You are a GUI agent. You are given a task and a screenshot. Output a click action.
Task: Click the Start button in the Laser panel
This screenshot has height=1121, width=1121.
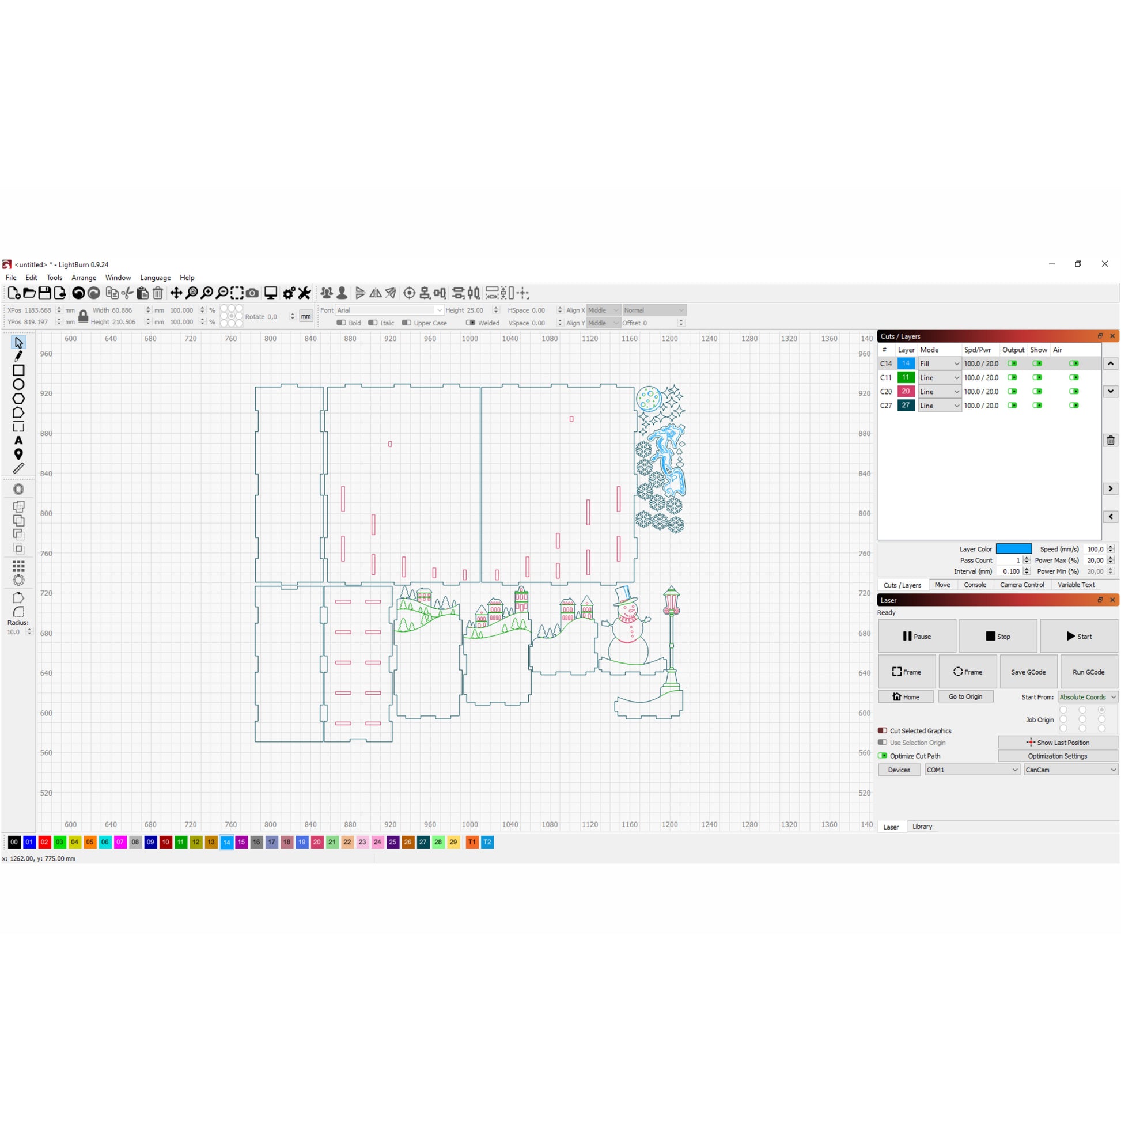coord(1078,636)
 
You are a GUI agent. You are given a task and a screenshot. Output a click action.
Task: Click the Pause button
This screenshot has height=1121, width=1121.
coord(917,636)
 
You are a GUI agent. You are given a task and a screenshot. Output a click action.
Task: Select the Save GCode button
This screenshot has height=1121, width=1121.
coord(1028,672)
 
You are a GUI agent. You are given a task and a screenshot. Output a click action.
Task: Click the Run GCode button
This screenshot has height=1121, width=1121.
coord(1089,672)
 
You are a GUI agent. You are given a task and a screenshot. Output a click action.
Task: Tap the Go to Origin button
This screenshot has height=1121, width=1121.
coord(965,696)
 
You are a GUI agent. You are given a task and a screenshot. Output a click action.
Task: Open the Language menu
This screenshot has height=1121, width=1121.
coord(156,277)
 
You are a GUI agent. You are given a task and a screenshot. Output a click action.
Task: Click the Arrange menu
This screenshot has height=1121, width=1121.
coord(84,277)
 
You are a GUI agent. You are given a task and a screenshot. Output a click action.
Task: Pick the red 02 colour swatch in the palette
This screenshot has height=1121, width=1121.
coord(44,842)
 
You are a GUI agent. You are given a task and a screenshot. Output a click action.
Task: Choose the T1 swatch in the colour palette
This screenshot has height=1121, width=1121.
coord(472,842)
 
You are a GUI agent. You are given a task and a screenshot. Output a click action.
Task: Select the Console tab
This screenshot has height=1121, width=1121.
coord(975,584)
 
